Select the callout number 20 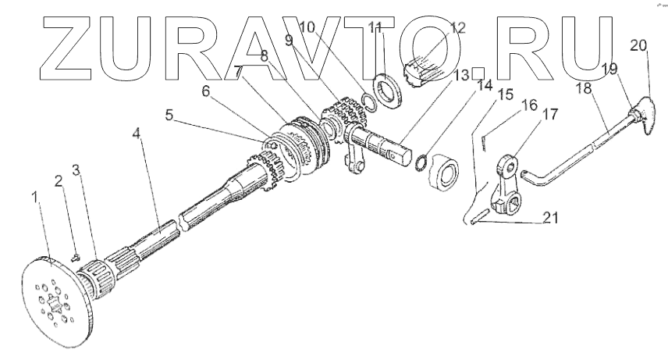coord(638,45)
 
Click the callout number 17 coord(550,114)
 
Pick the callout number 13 coord(464,75)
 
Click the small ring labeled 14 coord(419,162)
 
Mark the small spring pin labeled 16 coord(486,141)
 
